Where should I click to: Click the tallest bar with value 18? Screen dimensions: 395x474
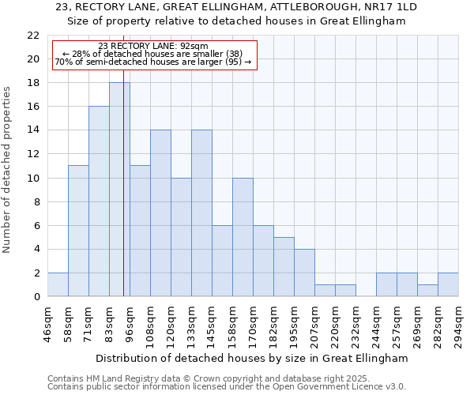click(119, 190)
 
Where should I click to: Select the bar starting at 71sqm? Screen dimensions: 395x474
click(99, 201)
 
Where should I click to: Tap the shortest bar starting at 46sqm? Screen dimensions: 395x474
click(58, 284)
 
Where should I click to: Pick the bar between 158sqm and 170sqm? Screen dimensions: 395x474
click(243, 237)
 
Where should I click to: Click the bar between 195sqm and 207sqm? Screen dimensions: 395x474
click(304, 273)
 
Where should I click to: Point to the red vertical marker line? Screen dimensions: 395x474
click(124, 197)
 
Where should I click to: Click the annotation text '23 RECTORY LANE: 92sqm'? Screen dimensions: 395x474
click(153, 46)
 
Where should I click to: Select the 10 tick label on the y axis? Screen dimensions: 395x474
click(33, 178)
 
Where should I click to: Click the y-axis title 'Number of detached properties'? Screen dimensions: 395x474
click(8, 170)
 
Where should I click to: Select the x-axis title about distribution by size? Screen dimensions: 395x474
click(251, 358)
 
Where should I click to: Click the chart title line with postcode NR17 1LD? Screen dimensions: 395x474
click(236, 7)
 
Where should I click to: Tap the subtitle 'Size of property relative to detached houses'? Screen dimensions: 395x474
click(236, 21)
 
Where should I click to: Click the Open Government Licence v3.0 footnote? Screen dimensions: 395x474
click(227, 387)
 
